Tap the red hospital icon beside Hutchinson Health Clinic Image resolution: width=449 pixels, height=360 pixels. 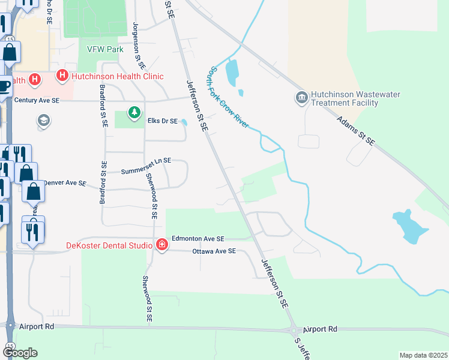pyautogui.click(x=62, y=76)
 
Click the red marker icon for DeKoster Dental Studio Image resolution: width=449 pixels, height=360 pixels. pyautogui.click(x=161, y=244)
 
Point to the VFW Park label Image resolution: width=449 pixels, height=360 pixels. pyautogui.click(x=104, y=49)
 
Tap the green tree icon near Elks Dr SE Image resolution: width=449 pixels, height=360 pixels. pyautogui.click(x=135, y=112)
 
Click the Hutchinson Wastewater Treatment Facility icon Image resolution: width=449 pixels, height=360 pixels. pyautogui.click(x=301, y=97)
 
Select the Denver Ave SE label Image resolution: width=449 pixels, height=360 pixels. pyautogui.click(x=65, y=182)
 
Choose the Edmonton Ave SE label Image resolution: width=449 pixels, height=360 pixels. pyautogui.click(x=197, y=238)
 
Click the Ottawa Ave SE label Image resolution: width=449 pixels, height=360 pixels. pyautogui.click(x=214, y=251)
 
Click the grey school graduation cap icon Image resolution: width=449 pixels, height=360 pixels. pyautogui.click(x=43, y=121)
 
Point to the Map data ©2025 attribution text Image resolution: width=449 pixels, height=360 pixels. pyautogui.click(x=423, y=355)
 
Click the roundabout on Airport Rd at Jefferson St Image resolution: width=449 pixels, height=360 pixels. pyautogui.click(x=294, y=330)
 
